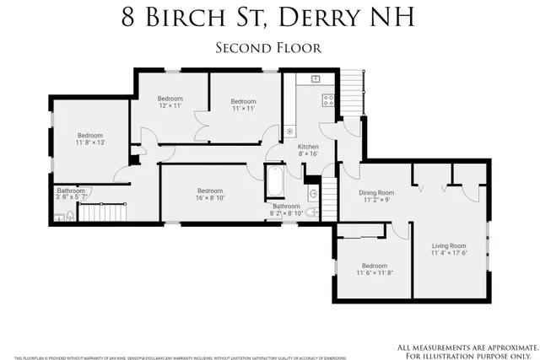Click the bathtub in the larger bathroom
(x=276, y=182)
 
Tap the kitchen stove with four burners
(x=328, y=99)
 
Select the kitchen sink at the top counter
(x=315, y=78)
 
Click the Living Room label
(x=449, y=245)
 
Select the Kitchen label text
(x=308, y=148)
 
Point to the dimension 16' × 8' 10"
(x=210, y=198)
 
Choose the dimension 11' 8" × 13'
(x=90, y=142)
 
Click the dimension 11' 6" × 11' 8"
(x=375, y=272)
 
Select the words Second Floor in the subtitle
(x=269, y=47)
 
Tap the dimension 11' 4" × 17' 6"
(x=449, y=253)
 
